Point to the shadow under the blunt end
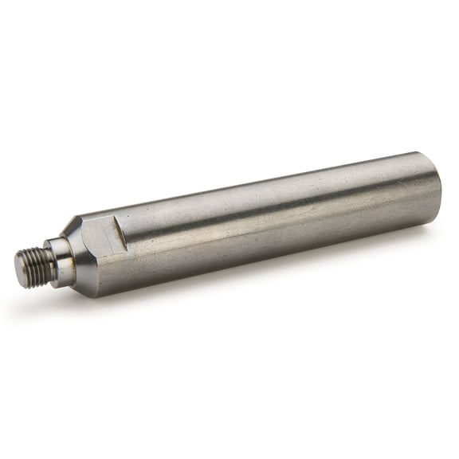point(422,231)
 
